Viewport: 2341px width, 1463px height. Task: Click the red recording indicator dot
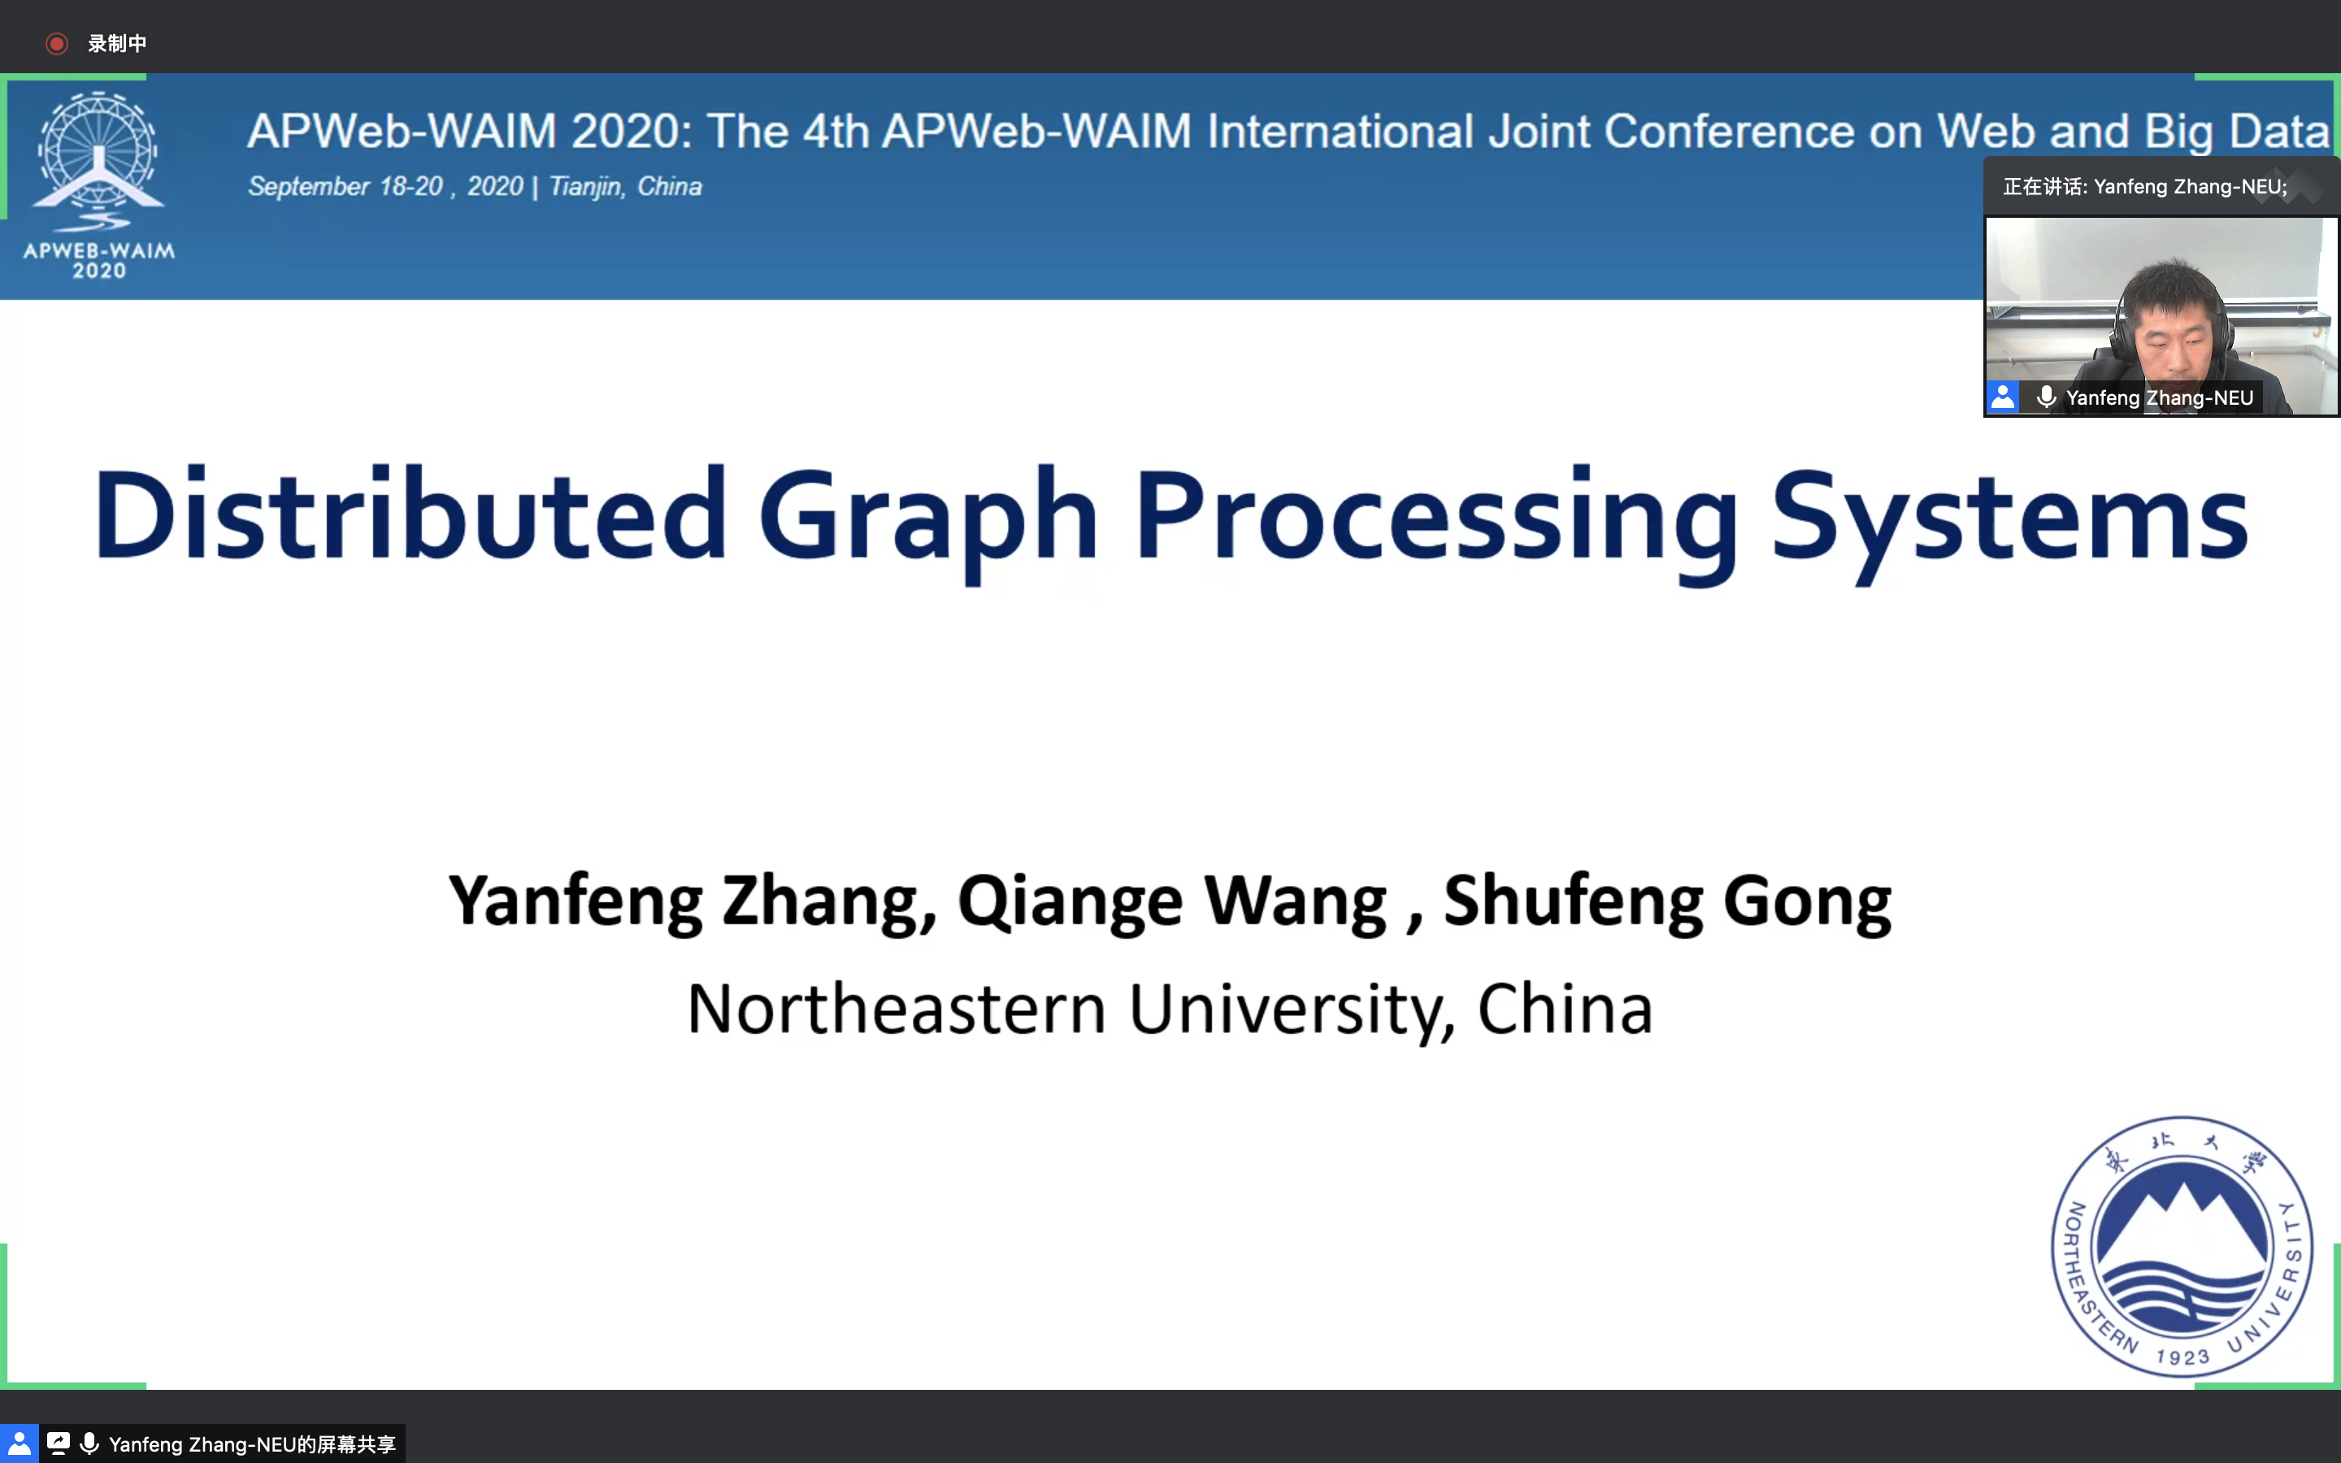coord(57,44)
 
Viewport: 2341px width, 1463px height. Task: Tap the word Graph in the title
coord(927,523)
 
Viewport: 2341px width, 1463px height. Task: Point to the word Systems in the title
coord(2009,523)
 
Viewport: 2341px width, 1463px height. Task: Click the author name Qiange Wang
coord(1172,902)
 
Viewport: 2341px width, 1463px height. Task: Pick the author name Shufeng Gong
coord(1667,902)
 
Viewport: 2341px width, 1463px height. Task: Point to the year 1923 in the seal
coord(2182,1357)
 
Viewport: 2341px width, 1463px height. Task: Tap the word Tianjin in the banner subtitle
coord(585,187)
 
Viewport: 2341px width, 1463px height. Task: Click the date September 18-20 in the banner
coord(345,187)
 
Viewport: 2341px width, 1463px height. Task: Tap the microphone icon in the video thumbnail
coord(2046,397)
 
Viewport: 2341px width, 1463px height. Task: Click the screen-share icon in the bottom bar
coord(58,1443)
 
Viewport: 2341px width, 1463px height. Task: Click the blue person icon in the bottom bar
coord(20,1443)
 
